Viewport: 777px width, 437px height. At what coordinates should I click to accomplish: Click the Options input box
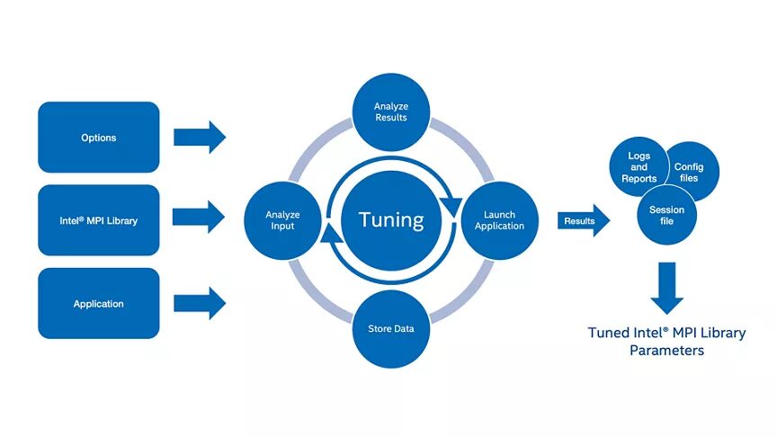pos(99,138)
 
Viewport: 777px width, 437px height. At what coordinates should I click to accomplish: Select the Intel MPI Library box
pos(99,220)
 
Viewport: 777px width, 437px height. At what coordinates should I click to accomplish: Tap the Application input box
pos(99,304)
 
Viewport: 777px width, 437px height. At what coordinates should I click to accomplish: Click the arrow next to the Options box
pos(199,137)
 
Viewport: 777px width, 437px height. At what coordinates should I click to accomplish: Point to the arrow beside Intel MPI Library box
pos(199,216)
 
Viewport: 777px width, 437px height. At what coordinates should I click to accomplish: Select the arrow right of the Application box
pos(199,303)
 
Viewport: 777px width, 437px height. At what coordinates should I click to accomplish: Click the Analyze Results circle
pos(390,111)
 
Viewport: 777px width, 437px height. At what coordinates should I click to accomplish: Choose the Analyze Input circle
pos(282,220)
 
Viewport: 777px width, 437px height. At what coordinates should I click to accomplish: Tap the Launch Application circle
pos(499,220)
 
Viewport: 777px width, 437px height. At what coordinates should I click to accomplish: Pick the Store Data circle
pos(391,328)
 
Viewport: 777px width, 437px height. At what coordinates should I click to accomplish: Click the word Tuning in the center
pos(390,220)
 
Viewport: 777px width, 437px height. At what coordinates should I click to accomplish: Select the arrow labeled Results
pos(583,220)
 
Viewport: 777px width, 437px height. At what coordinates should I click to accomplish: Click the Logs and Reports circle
pos(638,165)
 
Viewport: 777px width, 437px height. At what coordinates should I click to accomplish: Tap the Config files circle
pos(691,171)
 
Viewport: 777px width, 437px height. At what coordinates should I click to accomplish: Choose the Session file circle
pos(666,215)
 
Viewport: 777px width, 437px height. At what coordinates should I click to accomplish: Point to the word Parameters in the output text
pos(666,351)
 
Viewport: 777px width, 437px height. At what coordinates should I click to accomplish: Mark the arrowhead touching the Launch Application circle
pos(452,202)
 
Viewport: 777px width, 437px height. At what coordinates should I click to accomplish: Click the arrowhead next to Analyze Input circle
pos(330,236)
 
